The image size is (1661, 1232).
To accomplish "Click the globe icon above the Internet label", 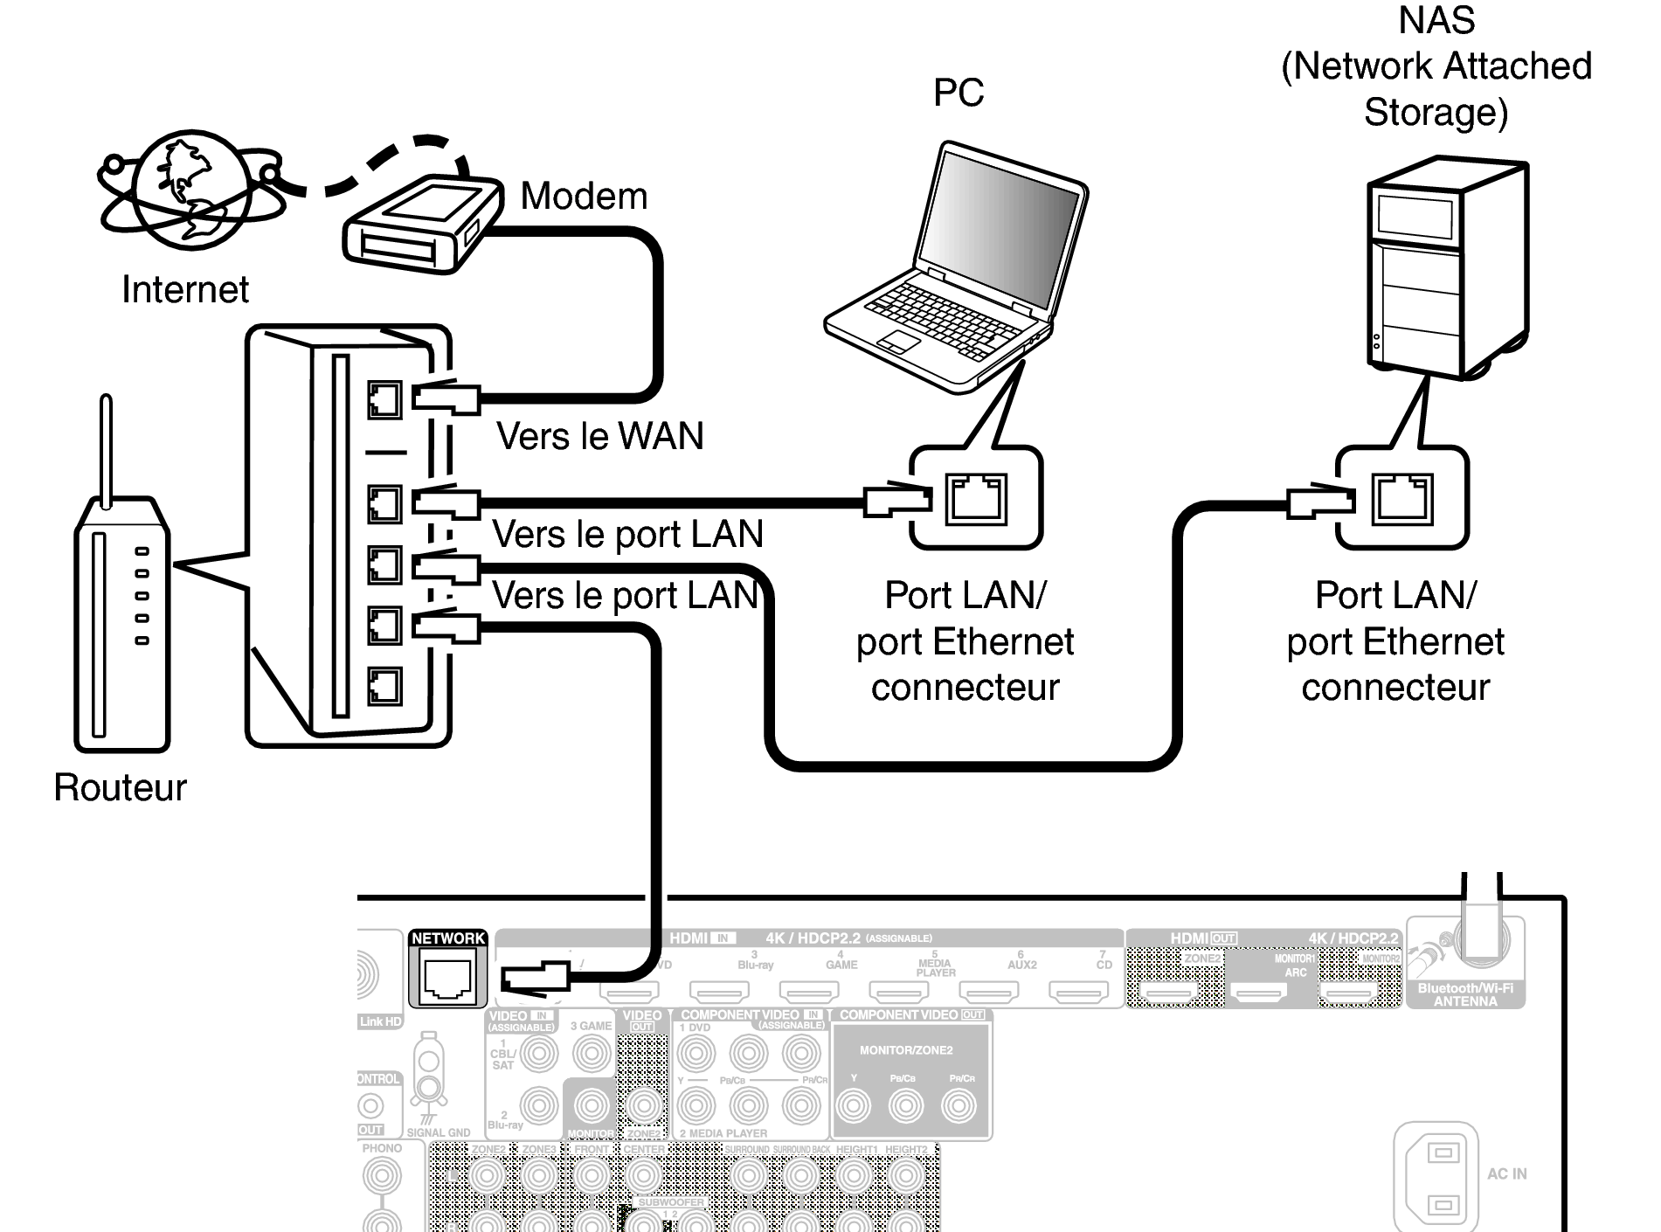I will pyautogui.click(x=190, y=191).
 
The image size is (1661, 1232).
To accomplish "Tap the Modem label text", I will pyautogui.click(x=584, y=196).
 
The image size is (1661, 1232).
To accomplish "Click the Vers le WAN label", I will pyautogui.click(x=599, y=436).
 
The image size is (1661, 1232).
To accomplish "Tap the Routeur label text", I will pyautogui.click(x=120, y=787).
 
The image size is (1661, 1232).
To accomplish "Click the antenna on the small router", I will pyautogui.click(x=106, y=450).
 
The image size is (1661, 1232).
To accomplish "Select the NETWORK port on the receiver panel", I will pyautogui.click(x=447, y=977).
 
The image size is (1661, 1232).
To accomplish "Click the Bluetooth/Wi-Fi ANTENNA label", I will pyautogui.click(x=1465, y=994).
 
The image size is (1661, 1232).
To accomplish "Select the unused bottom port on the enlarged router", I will pyautogui.click(x=384, y=686).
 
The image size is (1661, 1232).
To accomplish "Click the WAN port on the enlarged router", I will pyautogui.click(x=384, y=400).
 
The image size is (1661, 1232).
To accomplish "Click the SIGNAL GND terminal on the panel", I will pyautogui.click(x=428, y=1079).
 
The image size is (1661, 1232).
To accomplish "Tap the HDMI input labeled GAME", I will pyautogui.click(x=809, y=991).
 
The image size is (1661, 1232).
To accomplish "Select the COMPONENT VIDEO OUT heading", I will pyautogui.click(x=911, y=1015).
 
